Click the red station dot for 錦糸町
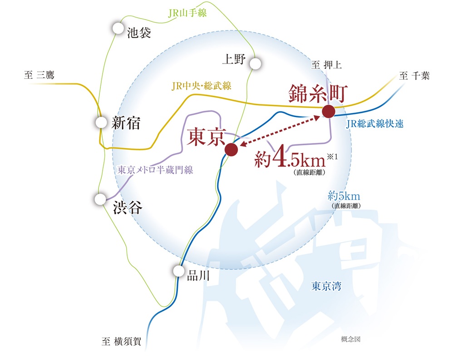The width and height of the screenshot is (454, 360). tap(328, 111)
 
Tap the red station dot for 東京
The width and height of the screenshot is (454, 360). tap(232, 149)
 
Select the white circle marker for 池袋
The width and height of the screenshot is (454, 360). tap(118, 28)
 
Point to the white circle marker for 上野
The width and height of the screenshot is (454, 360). tap(255, 64)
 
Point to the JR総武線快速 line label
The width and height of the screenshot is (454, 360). tap(375, 123)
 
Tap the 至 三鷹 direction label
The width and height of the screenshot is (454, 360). tap(39, 75)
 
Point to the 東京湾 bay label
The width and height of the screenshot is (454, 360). tap(326, 286)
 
